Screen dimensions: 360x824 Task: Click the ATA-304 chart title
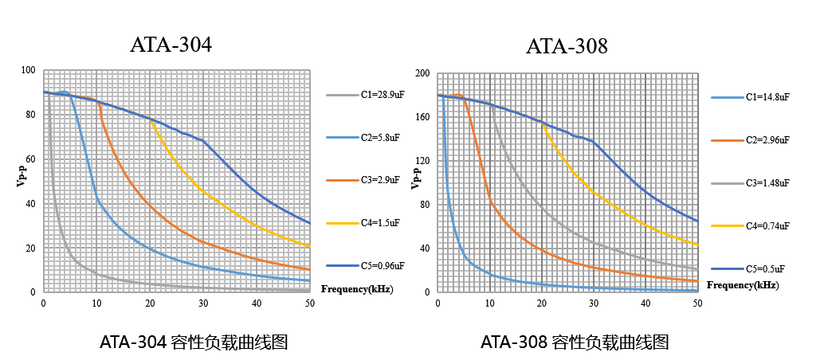point(171,45)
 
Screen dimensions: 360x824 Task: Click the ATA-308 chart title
point(567,47)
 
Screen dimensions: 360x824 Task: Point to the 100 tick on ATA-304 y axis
point(29,70)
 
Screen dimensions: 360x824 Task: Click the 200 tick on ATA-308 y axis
point(422,74)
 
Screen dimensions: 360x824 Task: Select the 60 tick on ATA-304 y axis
point(31,159)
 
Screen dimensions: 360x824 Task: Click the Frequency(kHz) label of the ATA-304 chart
point(357,288)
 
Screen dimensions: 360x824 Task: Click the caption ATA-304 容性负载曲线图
point(193,342)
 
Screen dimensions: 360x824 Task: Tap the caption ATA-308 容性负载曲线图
point(574,342)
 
